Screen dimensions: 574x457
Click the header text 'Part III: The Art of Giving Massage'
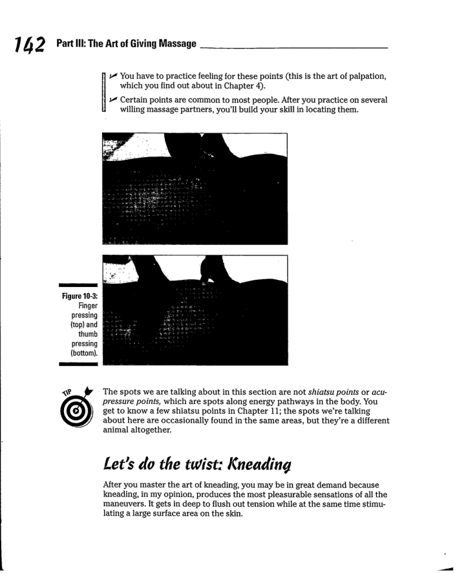(126, 45)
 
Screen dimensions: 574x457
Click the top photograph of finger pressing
(195, 188)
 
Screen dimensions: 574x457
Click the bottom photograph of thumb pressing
(195, 310)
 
